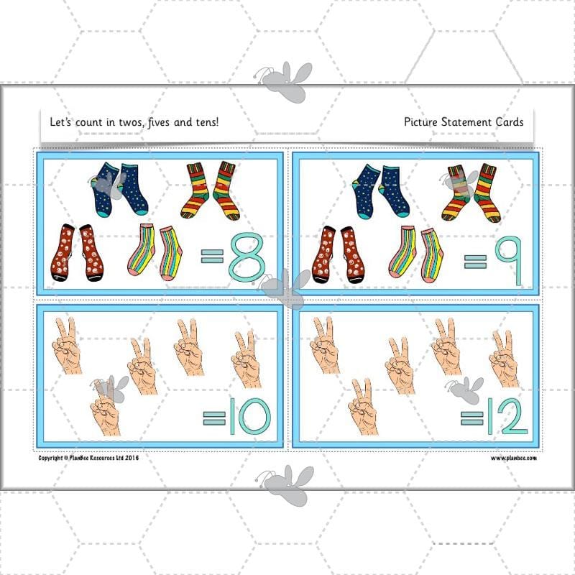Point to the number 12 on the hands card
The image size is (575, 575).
coord(506,416)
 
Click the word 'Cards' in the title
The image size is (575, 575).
coord(507,122)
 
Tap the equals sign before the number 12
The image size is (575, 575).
coord(471,416)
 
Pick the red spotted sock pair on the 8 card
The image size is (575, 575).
coord(77,253)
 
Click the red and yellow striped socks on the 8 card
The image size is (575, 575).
coord(213,190)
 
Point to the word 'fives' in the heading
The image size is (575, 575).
coord(157,122)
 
